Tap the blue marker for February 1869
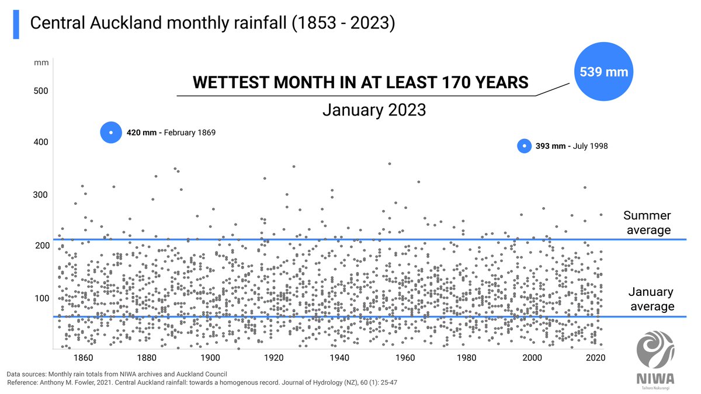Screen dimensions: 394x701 coord(110,133)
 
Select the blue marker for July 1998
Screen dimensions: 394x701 coord(524,146)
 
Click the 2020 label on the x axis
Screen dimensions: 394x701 coord(595,358)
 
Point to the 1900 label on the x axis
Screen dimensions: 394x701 coord(210,358)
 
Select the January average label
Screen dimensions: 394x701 coord(651,299)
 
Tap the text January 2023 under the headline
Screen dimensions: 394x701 coord(374,110)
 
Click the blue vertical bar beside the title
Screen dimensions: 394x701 coord(16,24)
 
